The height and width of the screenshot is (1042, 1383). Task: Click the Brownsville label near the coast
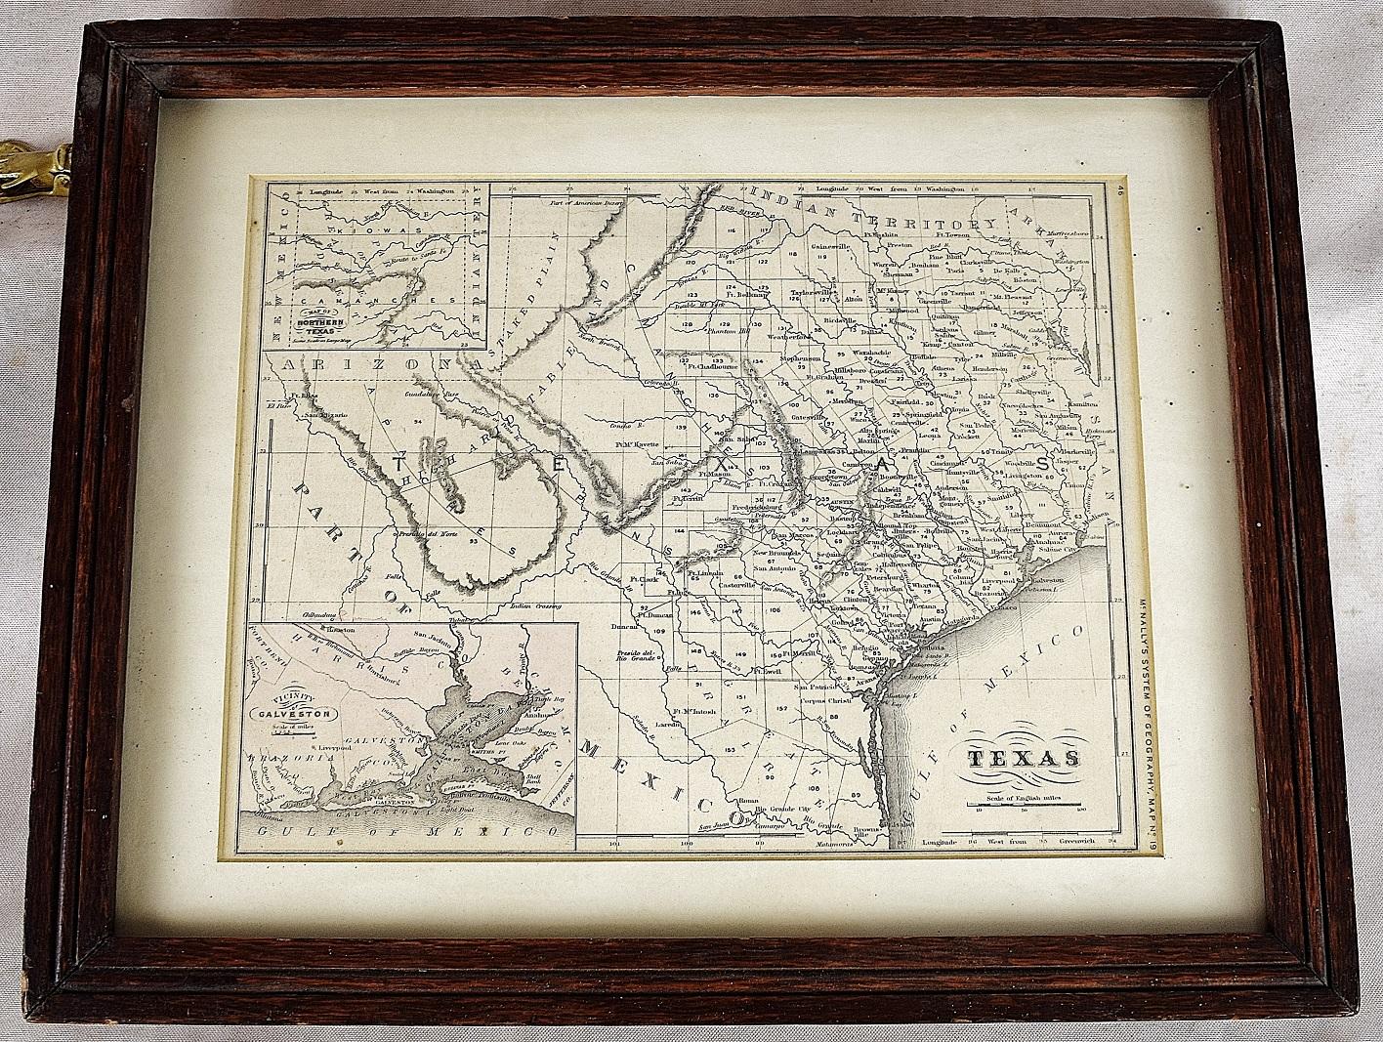tap(865, 829)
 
